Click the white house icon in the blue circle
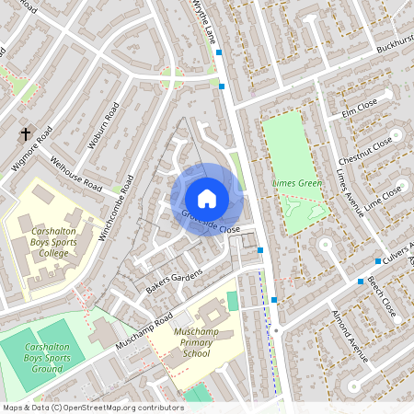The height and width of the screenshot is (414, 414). (x=206, y=199)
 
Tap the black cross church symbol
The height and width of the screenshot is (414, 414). (x=26, y=134)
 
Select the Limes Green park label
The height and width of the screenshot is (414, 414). (x=298, y=183)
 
